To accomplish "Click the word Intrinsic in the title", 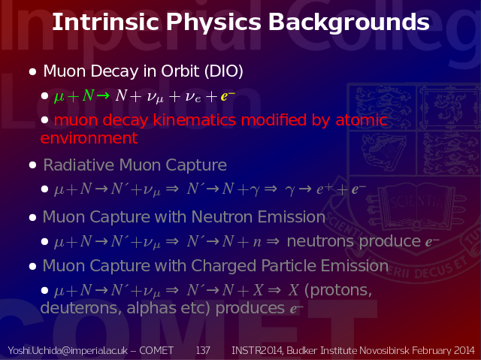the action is point(105,22).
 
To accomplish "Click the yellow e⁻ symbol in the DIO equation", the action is point(228,96).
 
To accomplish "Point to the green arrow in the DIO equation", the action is point(103,96).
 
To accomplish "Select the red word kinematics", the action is point(194,119).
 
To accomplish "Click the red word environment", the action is point(89,138).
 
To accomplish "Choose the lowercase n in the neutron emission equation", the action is point(257,242).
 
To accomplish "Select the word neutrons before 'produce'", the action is point(321,241).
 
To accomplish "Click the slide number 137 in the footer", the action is point(203,350).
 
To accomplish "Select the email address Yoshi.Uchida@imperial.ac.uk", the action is point(68,350).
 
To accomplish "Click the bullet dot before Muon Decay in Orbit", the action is point(32,72).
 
